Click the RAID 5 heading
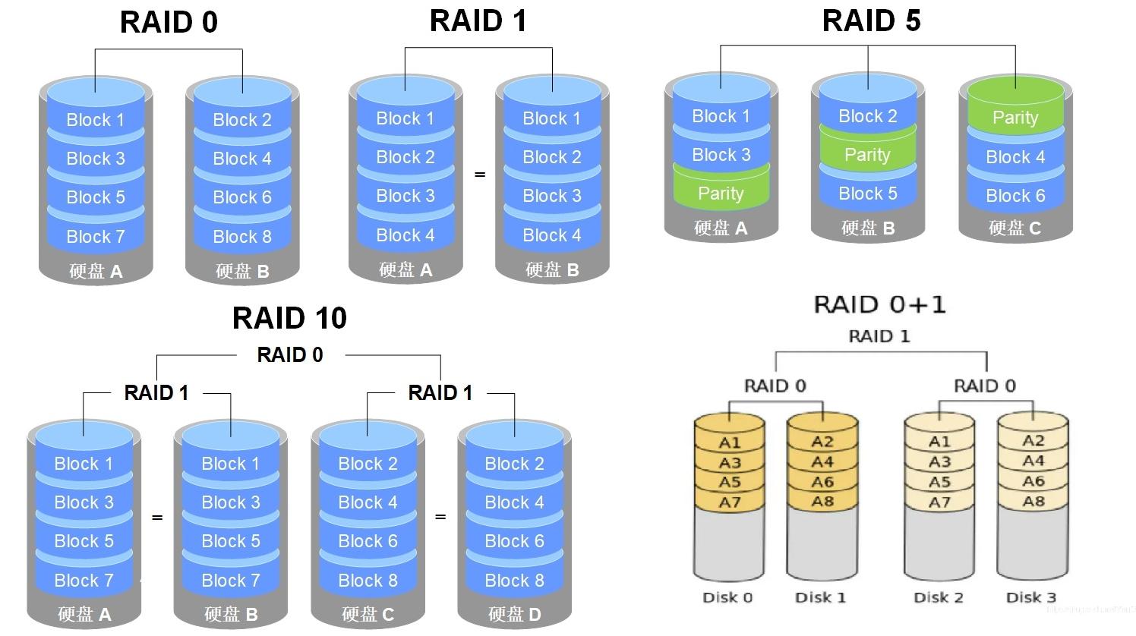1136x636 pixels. coord(871,21)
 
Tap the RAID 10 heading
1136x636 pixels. coord(289,318)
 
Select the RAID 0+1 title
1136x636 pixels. coord(879,305)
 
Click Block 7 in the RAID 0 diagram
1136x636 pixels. coord(95,237)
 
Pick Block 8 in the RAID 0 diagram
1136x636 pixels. coord(242,237)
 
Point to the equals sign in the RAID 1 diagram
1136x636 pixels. coord(480,175)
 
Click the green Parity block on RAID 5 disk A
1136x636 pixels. coord(721,194)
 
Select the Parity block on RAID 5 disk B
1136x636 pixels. coord(867,155)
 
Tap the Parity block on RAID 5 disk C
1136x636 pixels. coord(1015,118)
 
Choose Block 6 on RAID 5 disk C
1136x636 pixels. coord(1015,196)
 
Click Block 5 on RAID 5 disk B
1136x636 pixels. coord(867,194)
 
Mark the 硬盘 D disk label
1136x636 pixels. coord(515,614)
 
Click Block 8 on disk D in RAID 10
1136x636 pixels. coord(514,581)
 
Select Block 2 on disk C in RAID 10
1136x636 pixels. coord(368,464)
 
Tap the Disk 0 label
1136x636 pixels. coord(727,597)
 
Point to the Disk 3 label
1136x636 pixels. coord(1030,597)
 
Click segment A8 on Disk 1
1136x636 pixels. coord(822,501)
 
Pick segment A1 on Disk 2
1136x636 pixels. coord(939,441)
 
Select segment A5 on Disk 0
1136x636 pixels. coord(730,482)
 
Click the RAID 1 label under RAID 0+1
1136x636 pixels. coord(879,336)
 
